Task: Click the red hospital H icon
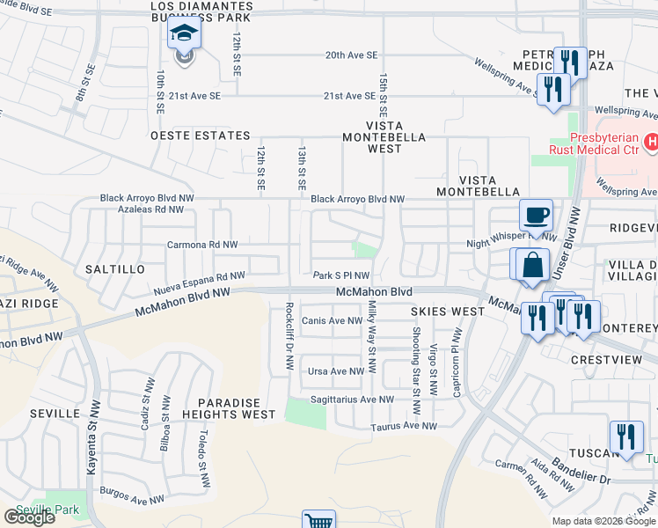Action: point(651,141)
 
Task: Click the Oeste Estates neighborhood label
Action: point(201,136)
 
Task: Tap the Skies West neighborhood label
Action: point(447,312)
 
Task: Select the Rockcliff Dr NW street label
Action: point(289,337)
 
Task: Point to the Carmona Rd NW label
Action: point(201,245)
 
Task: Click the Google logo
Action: point(29,517)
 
